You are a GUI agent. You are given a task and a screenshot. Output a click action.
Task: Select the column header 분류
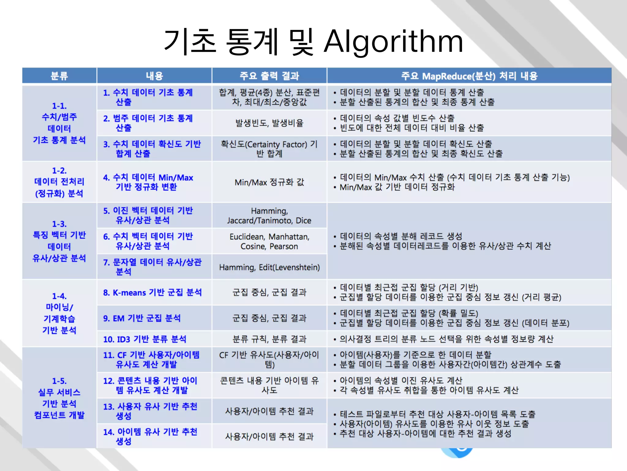click(59, 76)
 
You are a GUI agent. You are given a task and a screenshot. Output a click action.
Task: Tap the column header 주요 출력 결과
click(269, 76)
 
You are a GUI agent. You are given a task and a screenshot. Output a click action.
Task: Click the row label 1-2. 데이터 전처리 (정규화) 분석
click(59, 182)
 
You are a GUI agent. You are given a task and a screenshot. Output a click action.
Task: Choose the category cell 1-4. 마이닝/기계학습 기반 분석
click(59, 313)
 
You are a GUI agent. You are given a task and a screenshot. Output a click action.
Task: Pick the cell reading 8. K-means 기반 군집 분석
click(152, 293)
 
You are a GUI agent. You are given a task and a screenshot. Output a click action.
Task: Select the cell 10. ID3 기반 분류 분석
click(145, 339)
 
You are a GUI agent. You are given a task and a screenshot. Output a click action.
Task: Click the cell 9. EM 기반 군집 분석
click(142, 318)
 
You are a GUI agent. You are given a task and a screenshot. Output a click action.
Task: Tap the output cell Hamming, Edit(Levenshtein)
click(269, 267)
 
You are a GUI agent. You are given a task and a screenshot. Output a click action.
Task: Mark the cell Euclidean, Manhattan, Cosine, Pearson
click(269, 241)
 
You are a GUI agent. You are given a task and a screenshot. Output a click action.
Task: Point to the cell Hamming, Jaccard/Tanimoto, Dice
click(269, 216)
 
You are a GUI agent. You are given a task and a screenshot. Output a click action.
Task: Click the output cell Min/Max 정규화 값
click(269, 182)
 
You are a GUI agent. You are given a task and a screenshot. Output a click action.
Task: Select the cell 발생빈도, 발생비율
click(269, 123)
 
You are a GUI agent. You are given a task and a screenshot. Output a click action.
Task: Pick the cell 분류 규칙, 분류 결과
click(269, 339)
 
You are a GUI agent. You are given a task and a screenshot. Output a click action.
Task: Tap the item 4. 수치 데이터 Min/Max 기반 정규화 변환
click(148, 182)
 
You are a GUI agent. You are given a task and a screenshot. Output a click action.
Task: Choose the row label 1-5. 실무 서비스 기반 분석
click(59, 398)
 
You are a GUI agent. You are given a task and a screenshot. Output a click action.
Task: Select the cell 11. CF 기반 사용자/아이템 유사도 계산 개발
click(151, 360)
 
